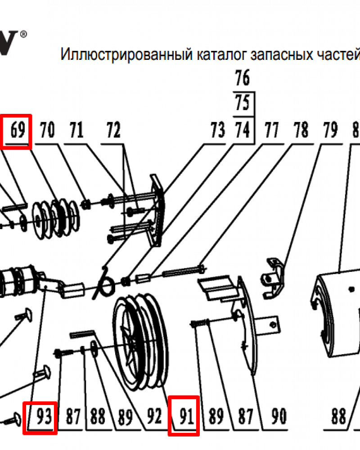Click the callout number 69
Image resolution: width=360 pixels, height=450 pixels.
17,131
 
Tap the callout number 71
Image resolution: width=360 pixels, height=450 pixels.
76,131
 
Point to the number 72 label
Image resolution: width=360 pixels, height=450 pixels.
113,131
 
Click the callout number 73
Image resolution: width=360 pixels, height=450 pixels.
217,131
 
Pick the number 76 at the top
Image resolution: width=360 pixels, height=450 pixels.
243,79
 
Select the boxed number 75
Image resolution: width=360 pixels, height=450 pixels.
243,104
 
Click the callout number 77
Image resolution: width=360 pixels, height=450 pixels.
270,131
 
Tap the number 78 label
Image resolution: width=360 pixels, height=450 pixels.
301,131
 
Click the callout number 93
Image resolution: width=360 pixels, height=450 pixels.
40,417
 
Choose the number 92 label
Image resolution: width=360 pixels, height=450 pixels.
154,417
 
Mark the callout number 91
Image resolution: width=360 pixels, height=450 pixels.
184,417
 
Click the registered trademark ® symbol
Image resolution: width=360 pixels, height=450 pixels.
24,34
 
